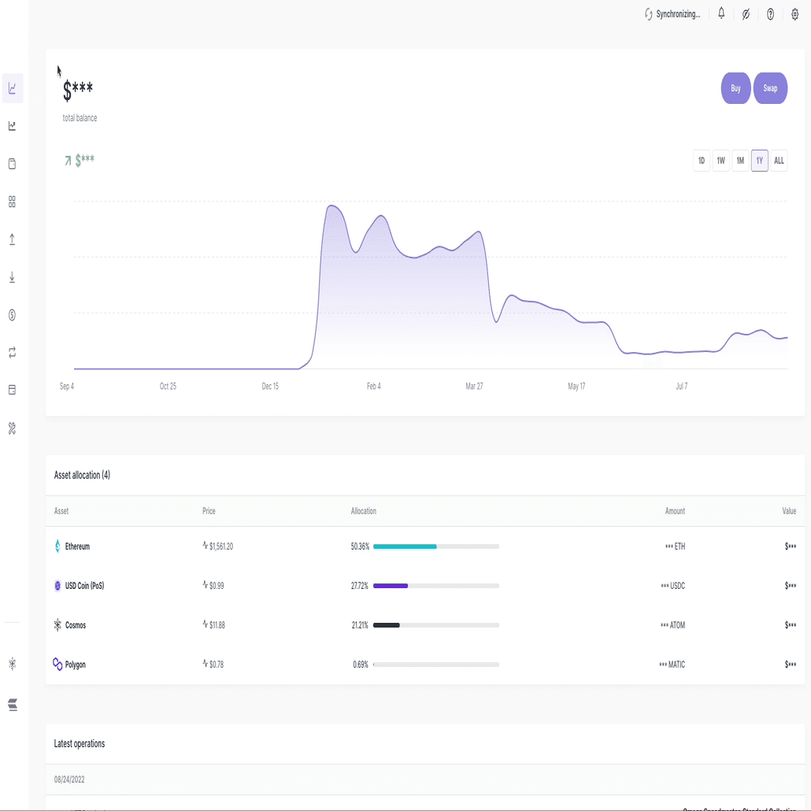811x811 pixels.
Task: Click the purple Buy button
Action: tap(735, 88)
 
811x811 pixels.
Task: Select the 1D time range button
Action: tap(701, 161)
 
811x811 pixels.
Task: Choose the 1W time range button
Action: tap(720, 161)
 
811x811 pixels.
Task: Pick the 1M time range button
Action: tap(740, 161)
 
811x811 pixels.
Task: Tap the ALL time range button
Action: tap(779, 161)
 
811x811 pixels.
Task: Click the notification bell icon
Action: tap(721, 13)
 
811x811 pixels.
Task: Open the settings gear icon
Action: tap(794, 14)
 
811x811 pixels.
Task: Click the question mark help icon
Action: tap(770, 14)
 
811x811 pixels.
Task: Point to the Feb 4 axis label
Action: tap(373, 387)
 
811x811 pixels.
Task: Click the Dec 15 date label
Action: tap(270, 387)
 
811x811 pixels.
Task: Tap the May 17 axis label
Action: tap(576, 387)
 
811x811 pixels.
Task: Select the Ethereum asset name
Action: tap(77, 546)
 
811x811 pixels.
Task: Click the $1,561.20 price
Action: tap(220, 546)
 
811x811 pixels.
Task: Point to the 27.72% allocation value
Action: tap(360, 586)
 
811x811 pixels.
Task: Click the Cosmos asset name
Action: tap(76, 625)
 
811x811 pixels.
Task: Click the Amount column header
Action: tap(675, 511)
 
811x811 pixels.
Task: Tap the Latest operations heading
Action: tap(80, 743)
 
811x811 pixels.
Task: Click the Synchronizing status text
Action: tap(677, 14)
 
